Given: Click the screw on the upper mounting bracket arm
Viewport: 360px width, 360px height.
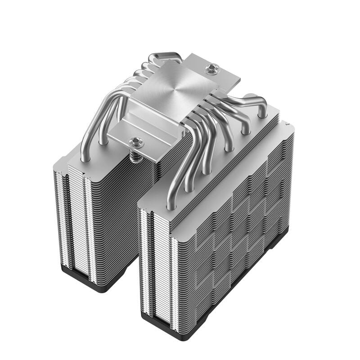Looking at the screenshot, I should (212, 69).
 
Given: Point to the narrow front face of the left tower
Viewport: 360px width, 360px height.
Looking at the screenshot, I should (74, 220).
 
